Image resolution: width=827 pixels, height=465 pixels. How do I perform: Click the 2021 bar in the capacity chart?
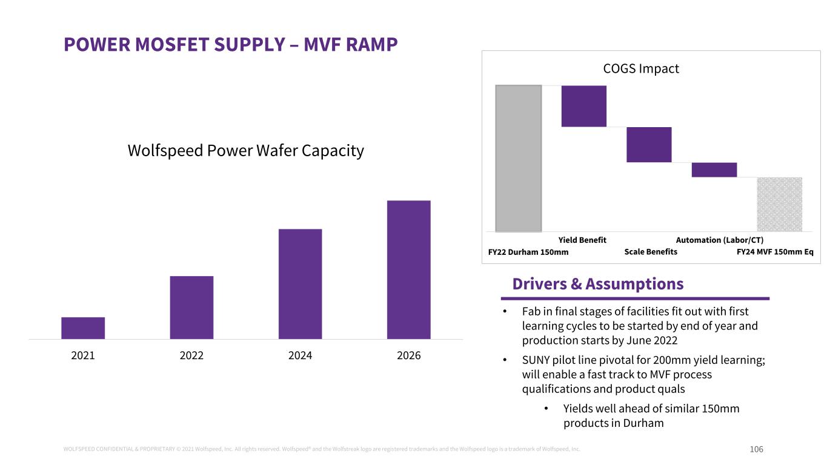point(83,328)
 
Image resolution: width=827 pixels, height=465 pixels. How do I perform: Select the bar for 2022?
point(191,307)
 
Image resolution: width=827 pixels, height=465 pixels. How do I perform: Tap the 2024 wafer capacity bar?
point(300,283)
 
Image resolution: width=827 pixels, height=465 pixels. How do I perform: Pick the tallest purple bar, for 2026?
point(408,269)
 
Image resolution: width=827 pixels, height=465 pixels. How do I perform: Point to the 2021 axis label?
point(83,355)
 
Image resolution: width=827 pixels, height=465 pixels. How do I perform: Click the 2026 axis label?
point(408,355)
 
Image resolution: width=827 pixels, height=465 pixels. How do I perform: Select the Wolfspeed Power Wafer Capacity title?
point(245,150)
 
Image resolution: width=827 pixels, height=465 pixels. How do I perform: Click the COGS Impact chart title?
point(641,68)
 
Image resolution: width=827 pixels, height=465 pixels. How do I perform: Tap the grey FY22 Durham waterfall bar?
point(519,158)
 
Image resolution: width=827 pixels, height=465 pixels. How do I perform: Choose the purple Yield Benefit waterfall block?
point(583,106)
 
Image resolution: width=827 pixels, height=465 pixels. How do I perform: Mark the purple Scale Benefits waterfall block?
point(649,145)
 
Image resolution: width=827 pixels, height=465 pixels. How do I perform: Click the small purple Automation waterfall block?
point(714,170)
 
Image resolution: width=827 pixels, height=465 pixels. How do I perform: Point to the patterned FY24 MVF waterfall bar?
point(779,204)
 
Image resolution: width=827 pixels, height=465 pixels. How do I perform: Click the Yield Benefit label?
point(582,240)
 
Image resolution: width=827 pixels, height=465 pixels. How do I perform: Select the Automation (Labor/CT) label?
point(719,240)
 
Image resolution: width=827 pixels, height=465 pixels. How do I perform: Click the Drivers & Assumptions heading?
point(598,284)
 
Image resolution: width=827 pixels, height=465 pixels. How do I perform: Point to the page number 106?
point(756,449)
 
